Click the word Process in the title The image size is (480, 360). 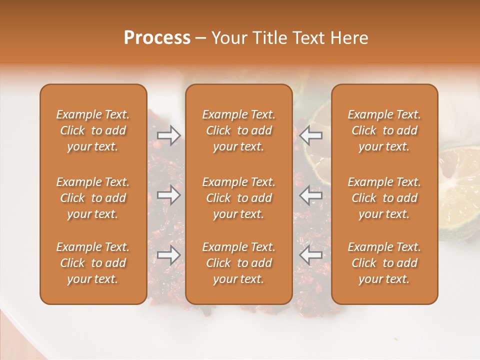click(157, 38)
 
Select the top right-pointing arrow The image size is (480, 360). click(168, 134)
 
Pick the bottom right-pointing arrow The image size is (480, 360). click(168, 255)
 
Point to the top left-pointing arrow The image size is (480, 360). click(311, 134)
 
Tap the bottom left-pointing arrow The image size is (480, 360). click(311, 255)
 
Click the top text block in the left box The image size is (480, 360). click(93, 130)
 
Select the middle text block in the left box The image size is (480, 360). click(93, 198)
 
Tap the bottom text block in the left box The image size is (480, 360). click(93, 263)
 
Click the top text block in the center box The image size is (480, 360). click(239, 130)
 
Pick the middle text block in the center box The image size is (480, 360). click(239, 198)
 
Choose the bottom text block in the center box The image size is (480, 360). click(239, 263)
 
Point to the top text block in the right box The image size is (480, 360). click(384, 130)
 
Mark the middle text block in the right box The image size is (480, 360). click(384, 198)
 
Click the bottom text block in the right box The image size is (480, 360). click(384, 263)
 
